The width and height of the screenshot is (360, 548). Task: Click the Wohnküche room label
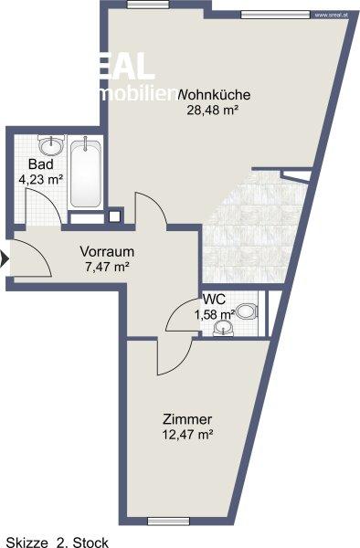point(216,94)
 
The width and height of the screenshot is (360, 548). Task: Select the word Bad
point(37,164)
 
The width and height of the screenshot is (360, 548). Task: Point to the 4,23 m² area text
point(41,179)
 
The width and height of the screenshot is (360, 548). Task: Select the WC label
point(215,300)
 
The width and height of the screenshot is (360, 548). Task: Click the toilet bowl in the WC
point(244,309)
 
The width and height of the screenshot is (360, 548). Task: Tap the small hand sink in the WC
point(222,332)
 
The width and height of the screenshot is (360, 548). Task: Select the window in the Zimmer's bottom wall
point(170,522)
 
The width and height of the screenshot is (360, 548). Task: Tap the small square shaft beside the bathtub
point(115,216)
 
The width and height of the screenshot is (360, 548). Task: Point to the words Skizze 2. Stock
point(57,543)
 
